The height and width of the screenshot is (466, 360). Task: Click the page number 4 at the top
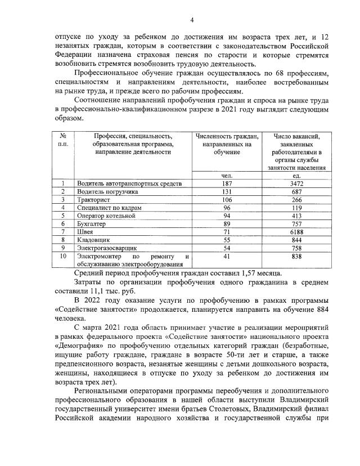192,21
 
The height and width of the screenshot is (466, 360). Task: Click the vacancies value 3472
297,184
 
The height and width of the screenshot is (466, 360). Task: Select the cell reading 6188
297,231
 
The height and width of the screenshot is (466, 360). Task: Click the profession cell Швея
85,231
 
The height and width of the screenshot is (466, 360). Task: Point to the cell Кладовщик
92,239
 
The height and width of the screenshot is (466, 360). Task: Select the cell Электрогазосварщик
105,247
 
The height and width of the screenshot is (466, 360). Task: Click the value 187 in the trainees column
227,184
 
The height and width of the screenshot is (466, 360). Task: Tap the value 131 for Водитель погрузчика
227,192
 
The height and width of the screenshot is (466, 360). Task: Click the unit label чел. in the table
227,176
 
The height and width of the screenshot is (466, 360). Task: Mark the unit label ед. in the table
297,176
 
